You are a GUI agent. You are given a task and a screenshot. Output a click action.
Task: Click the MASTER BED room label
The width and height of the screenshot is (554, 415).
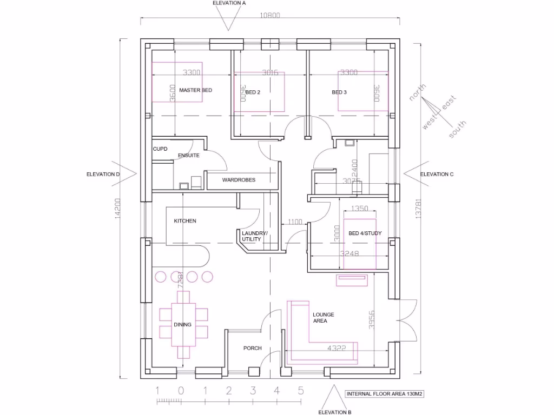[195, 90]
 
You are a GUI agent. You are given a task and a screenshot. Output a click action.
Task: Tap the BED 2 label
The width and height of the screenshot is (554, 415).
[253, 92]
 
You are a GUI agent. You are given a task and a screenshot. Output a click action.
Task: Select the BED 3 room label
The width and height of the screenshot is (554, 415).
[339, 92]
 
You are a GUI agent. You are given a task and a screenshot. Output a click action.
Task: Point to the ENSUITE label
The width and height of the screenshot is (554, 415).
[189, 156]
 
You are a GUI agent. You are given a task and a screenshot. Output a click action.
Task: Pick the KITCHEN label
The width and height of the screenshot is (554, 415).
[185, 221]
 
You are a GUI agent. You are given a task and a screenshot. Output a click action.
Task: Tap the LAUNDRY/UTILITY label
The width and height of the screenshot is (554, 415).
[254, 236]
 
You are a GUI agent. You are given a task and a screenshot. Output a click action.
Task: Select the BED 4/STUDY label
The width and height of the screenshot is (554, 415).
[365, 233]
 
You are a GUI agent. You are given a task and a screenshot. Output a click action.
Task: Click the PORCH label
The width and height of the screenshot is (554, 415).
[253, 349]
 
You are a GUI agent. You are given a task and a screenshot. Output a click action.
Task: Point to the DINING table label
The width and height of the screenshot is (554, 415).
[182, 325]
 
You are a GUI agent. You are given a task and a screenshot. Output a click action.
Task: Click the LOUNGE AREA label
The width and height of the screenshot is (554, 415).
[324, 318]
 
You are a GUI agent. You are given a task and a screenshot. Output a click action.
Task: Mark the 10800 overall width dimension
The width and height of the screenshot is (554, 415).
[270, 16]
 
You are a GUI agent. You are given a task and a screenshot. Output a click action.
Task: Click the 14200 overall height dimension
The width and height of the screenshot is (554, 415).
[116, 208]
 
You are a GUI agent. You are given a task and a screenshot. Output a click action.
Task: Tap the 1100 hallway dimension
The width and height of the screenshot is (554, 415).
[295, 222]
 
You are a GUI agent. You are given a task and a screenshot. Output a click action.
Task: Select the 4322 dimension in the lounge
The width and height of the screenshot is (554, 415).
[336, 349]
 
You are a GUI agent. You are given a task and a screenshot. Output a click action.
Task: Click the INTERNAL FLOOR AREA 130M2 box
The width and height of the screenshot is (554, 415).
[385, 394]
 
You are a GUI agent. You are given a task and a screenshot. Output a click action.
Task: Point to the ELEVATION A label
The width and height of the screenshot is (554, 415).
[229, 3]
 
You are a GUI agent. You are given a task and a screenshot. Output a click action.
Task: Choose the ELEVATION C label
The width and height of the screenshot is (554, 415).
[437, 174]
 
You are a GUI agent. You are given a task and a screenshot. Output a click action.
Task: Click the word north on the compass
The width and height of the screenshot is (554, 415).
[418, 92]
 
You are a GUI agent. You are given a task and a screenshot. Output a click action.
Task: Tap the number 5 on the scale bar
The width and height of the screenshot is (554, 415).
[300, 390]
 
